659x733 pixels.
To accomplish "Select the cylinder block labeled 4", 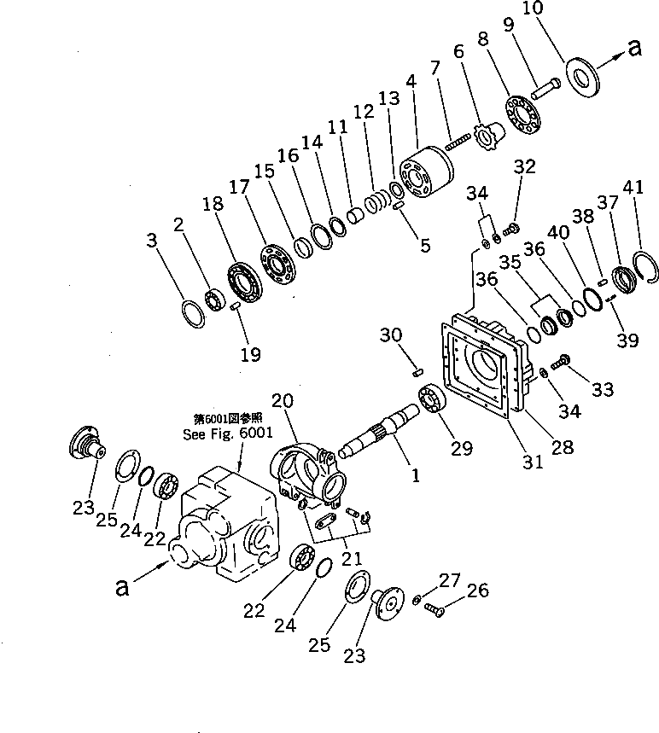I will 423,176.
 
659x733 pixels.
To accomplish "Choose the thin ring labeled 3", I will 193,315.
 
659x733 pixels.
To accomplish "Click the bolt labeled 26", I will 433,609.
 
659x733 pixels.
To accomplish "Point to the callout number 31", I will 533,462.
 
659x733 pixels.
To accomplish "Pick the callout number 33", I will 602,391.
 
